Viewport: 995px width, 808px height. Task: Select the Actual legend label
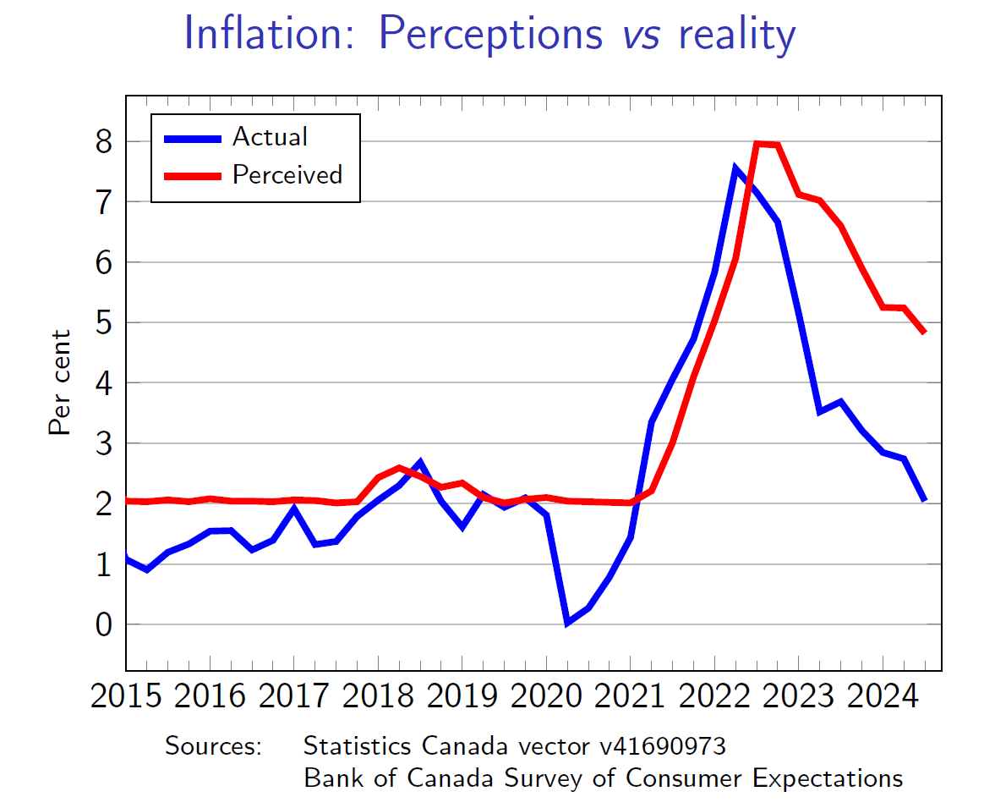tap(270, 136)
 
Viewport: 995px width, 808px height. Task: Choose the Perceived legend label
tap(287, 174)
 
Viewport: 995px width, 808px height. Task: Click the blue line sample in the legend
tap(192, 137)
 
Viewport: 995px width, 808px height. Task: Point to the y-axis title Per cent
tap(59, 382)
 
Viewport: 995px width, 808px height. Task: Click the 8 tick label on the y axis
tap(103, 141)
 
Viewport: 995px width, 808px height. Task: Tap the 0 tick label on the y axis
tap(103, 624)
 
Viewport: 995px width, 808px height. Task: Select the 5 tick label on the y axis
tap(103, 322)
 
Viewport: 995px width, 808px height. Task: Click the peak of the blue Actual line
tap(735, 168)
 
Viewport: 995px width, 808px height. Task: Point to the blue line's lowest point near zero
tap(568, 623)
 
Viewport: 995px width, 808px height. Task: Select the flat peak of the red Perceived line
tap(767, 145)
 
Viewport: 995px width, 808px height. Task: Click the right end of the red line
tap(924, 332)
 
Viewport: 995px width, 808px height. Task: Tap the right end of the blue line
tap(924, 499)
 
